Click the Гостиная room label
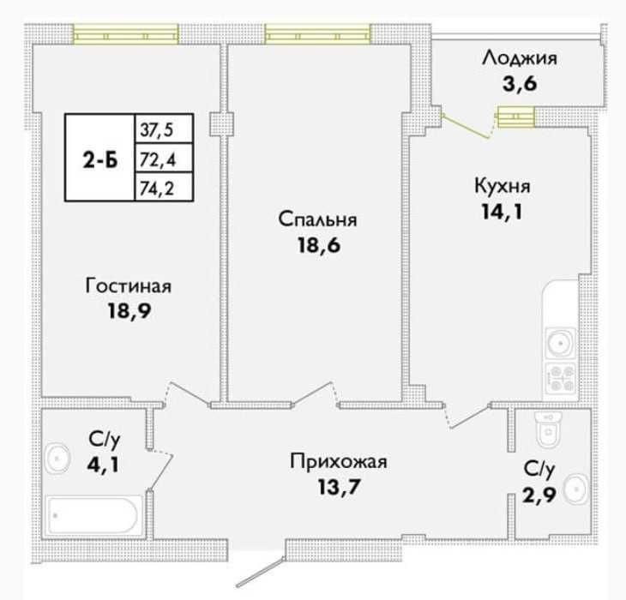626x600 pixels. pos(128,286)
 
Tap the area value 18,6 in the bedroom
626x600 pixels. pos(319,245)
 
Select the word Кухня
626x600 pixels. pos(503,186)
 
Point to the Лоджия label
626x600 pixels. pos(520,58)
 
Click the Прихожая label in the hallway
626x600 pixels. pos(338,462)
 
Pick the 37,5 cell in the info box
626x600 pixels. pos(164,129)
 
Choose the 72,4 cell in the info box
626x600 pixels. pos(164,159)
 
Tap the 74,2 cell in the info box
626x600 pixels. pos(164,187)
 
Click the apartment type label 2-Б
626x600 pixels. pos(100,161)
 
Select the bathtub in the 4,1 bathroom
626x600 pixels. pos(94,515)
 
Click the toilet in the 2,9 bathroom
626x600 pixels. pos(549,429)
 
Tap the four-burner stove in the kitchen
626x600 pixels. pos(561,377)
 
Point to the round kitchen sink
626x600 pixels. pos(561,343)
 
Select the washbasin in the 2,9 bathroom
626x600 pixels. pos(575,489)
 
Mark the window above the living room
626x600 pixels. pos(125,34)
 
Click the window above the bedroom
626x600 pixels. pos(318,34)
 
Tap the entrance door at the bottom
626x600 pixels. pos(261,572)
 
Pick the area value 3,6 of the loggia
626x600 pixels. pos(520,84)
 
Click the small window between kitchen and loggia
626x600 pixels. pos(515,117)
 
